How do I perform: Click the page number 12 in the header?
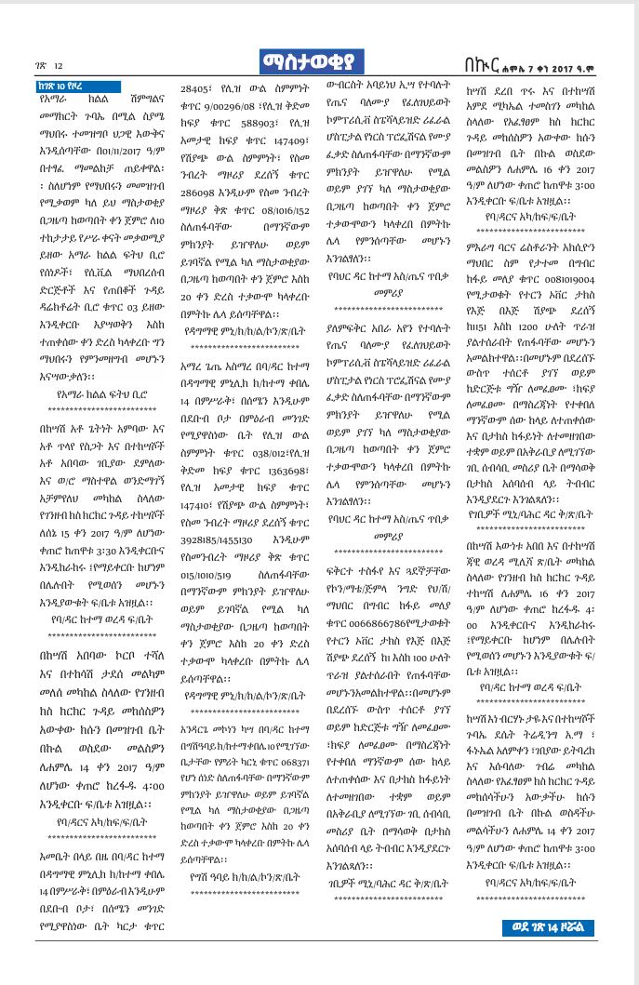[58, 66]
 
